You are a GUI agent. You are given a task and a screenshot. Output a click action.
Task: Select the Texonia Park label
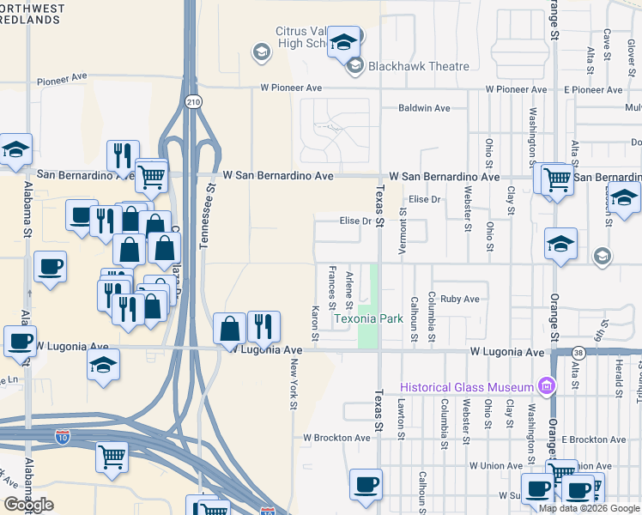coord(368,318)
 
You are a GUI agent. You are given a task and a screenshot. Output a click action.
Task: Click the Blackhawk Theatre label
coord(420,66)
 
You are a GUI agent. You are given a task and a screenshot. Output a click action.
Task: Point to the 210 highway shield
coord(193,101)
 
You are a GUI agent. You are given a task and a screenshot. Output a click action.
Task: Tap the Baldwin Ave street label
coord(424,108)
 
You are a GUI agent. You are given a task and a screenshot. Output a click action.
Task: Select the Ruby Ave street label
coord(459,300)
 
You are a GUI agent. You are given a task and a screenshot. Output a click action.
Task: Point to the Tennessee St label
coord(204,221)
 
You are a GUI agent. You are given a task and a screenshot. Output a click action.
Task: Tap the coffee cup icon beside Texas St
coord(366,485)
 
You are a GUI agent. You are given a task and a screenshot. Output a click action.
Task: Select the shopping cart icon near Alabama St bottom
coord(112,457)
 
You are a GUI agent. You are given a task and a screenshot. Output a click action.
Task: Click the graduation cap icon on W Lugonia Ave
coord(103,365)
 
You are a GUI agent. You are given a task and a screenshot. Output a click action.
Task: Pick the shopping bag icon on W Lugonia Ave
coord(230,328)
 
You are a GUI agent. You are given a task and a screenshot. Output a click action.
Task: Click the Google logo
coord(28,505)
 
